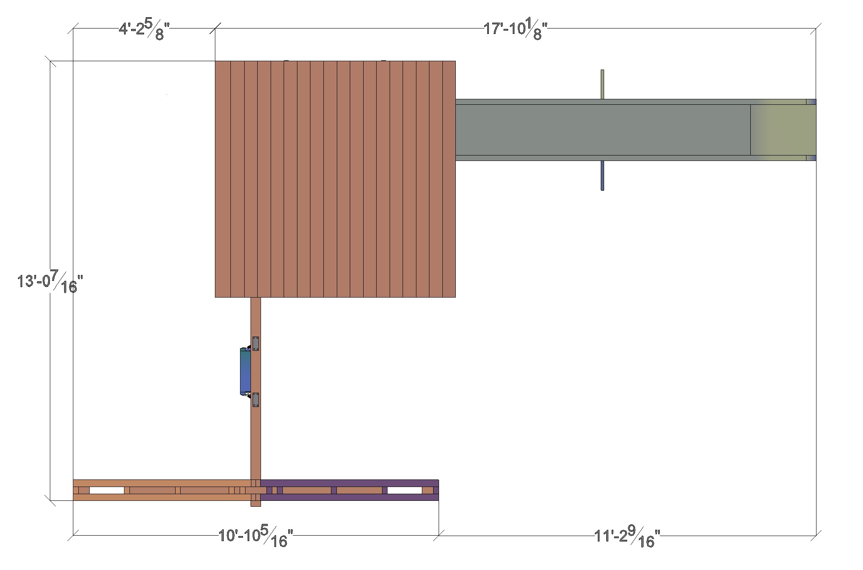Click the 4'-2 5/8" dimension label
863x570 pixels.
tap(145, 31)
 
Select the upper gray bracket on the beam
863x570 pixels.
tap(256, 343)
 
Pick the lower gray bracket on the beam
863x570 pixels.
tap(256, 400)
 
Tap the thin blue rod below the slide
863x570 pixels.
tap(602, 176)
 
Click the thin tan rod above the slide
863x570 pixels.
tap(602, 84)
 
